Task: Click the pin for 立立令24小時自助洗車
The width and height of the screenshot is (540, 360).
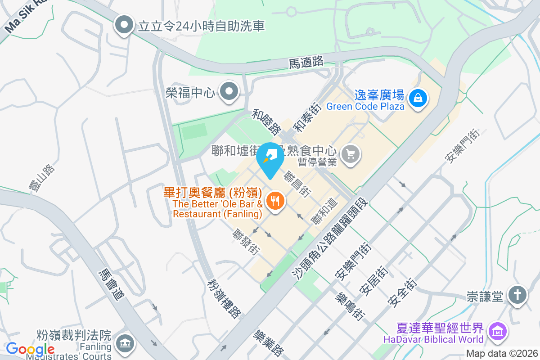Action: [125, 25]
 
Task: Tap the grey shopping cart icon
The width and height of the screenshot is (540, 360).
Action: [351, 154]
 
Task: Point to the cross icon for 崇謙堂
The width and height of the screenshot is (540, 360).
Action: [517, 296]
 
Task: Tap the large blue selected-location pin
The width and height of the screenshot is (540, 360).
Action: [270, 158]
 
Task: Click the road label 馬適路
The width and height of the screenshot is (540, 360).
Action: [306, 62]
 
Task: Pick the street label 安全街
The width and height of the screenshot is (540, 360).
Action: [403, 293]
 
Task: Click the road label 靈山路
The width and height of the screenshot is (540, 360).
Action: [45, 178]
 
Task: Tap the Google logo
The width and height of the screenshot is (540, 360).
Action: [30, 349]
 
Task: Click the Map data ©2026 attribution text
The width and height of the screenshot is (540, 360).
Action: [502, 353]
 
